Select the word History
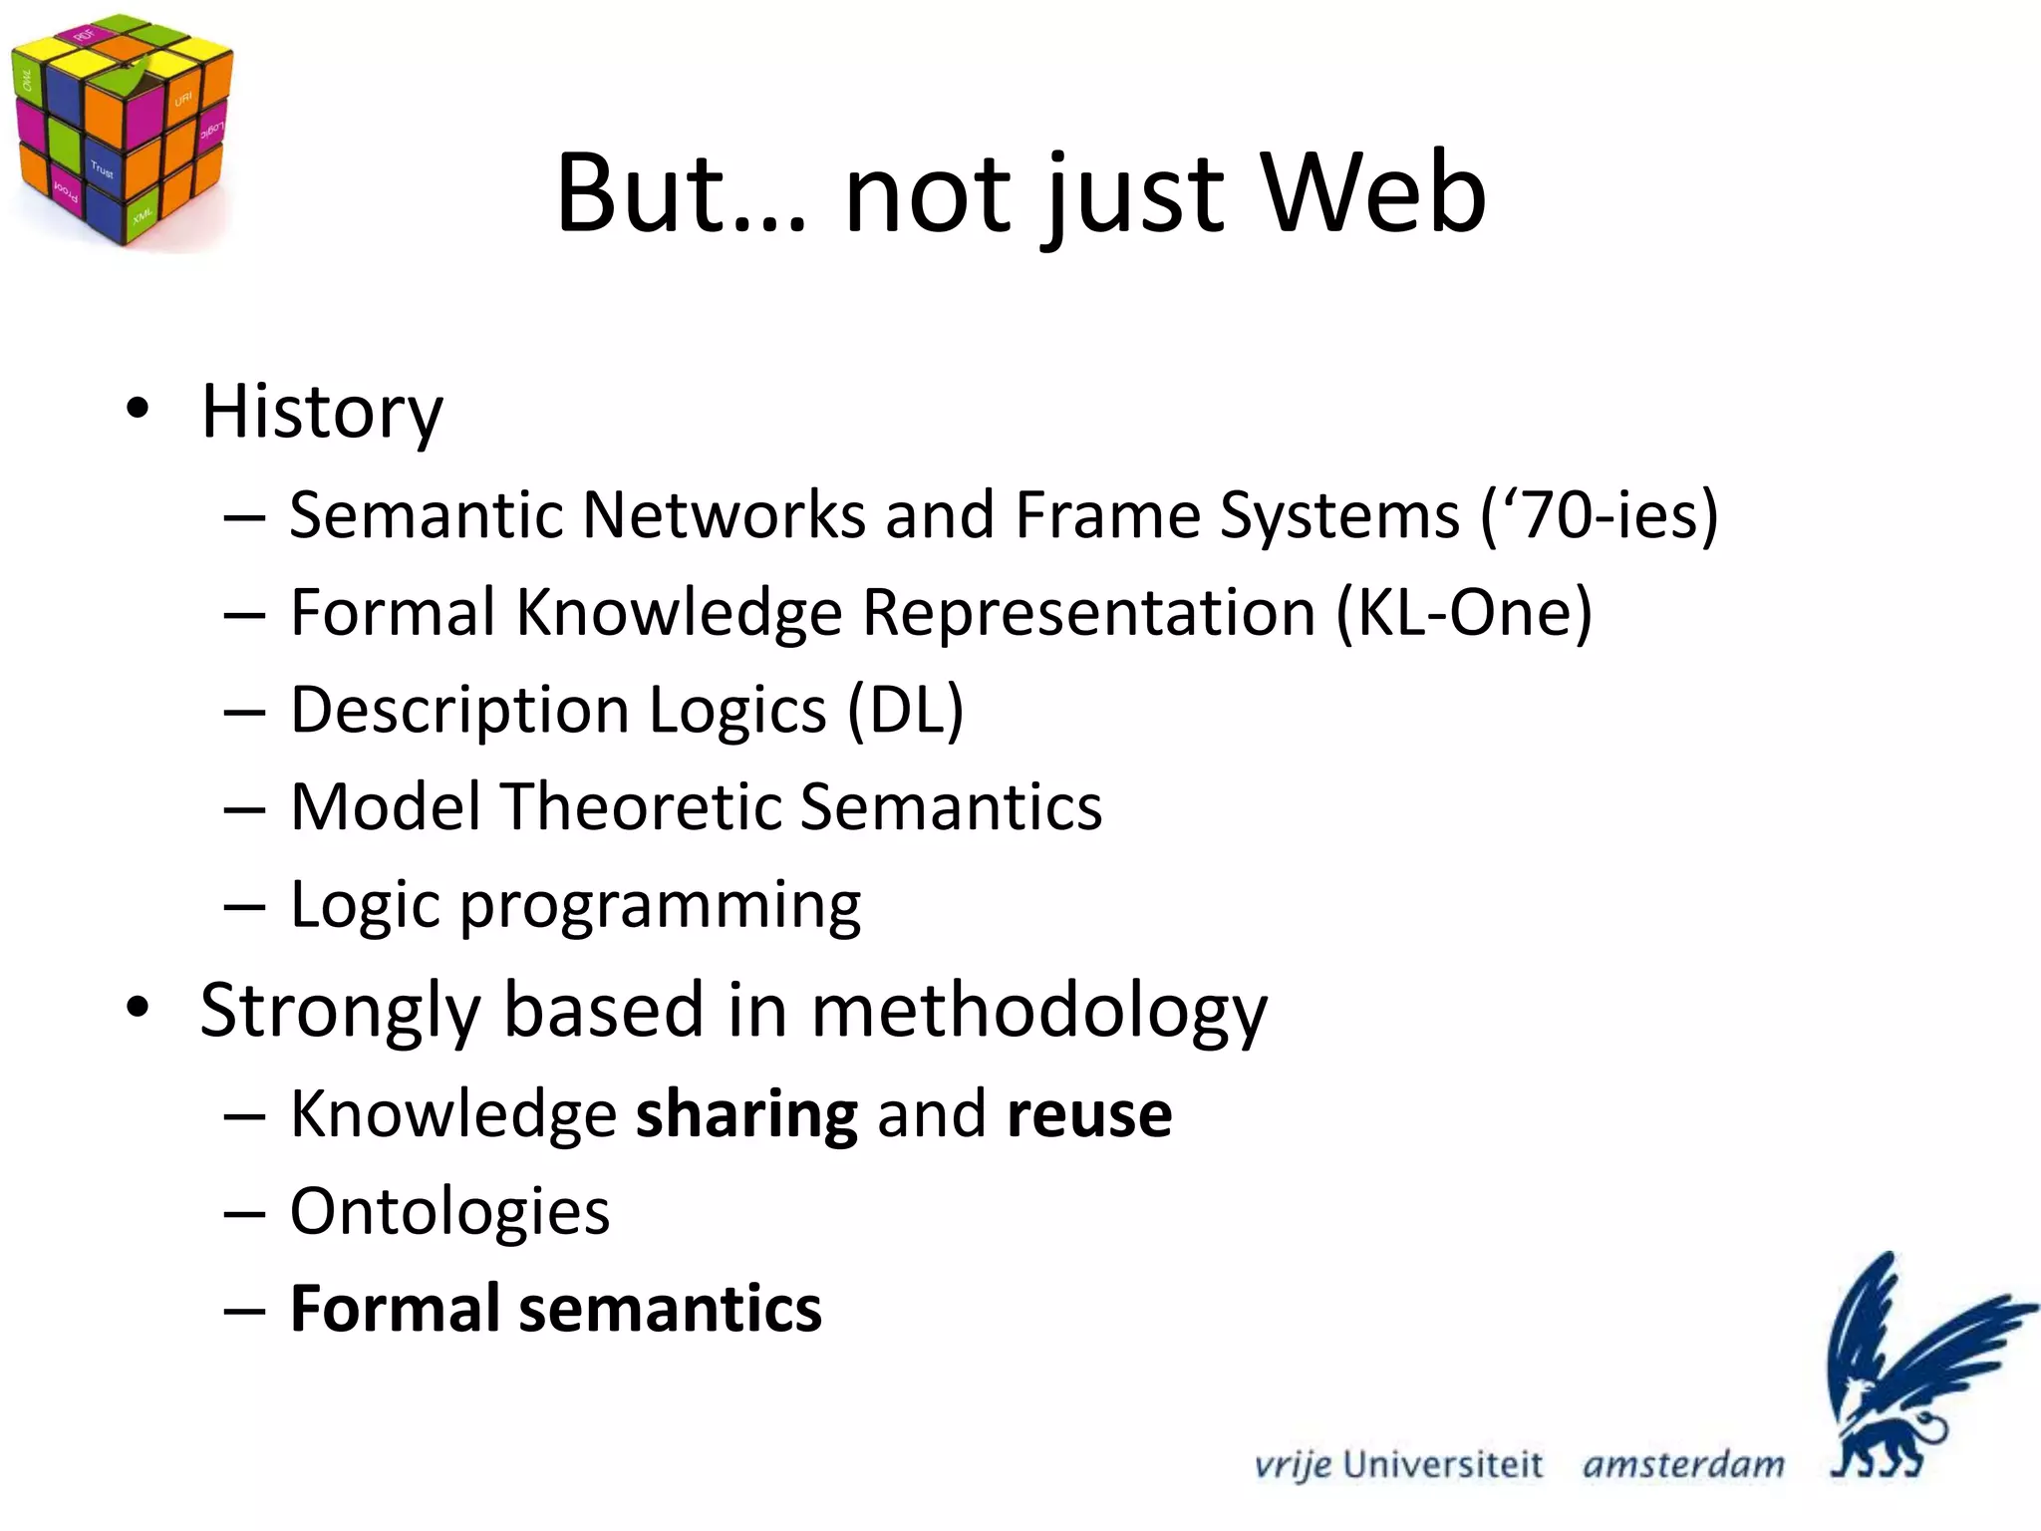coord(321,412)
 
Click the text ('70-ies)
coord(1600,515)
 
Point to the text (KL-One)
coord(1463,612)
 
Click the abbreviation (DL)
coord(905,710)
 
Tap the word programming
coord(660,905)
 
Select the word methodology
coord(1038,1011)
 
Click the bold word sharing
coord(746,1114)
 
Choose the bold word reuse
coord(1089,1114)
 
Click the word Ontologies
coord(449,1212)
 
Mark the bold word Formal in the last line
coord(394,1309)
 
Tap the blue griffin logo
coord(1913,1366)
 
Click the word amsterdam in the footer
coord(1683,1464)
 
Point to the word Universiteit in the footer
coord(1442,1464)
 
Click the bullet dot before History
coord(138,409)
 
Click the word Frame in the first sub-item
coord(1107,515)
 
